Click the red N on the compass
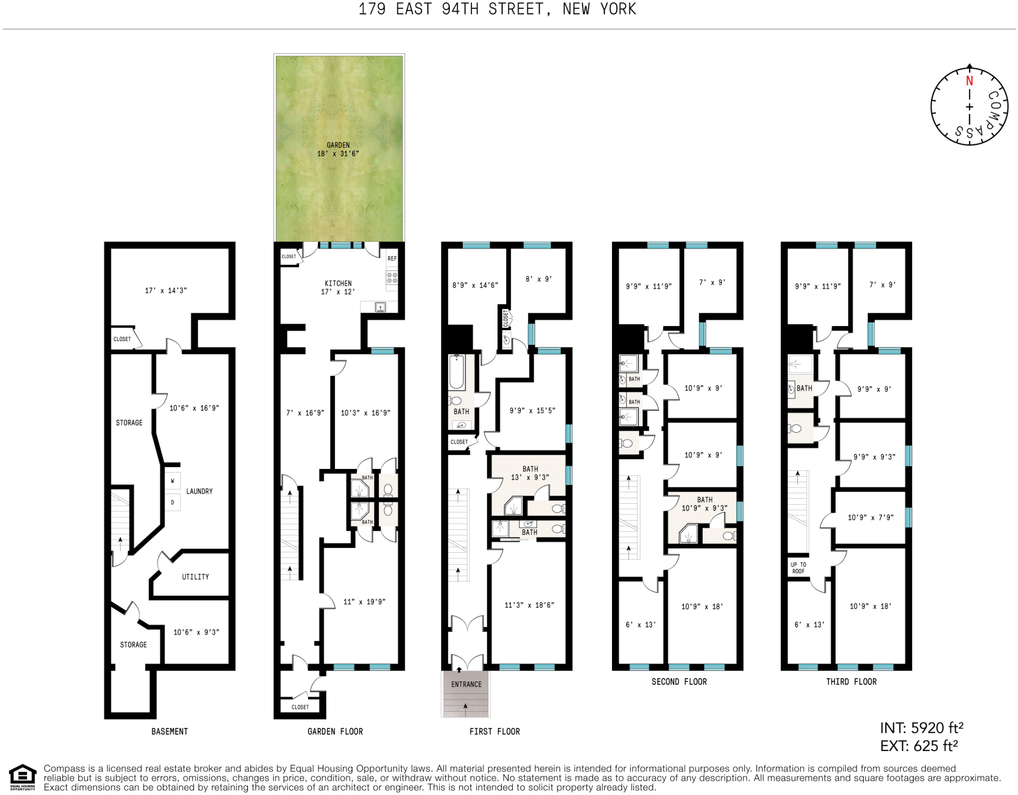[969, 81]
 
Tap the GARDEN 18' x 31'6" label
[338, 149]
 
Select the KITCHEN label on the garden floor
[338, 283]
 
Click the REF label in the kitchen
[392, 259]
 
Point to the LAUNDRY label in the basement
[199, 492]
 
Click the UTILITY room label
[195, 577]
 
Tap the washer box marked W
[173, 481]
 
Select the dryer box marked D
[173, 503]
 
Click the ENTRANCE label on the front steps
[466, 685]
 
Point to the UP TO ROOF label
[798, 568]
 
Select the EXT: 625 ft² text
[918, 746]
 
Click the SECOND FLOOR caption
[679, 682]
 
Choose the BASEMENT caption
[170, 732]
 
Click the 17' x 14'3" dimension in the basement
[166, 291]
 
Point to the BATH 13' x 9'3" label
[530, 473]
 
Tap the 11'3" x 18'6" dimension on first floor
[529, 605]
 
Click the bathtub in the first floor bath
[457, 372]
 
